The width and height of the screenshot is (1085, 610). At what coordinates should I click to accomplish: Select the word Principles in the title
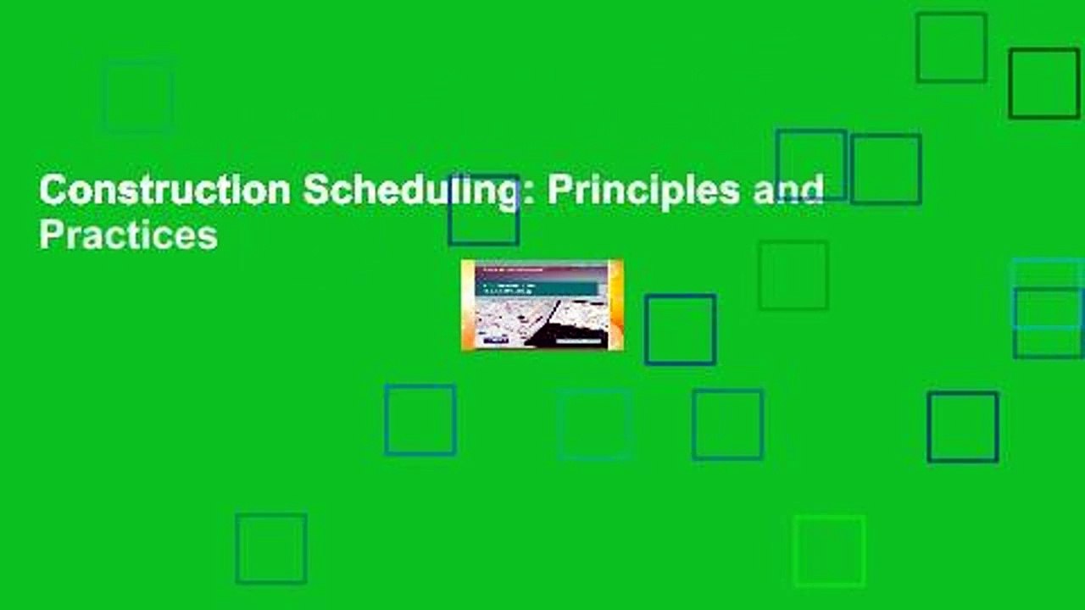(x=643, y=191)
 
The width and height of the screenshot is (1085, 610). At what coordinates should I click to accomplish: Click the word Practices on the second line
(x=128, y=236)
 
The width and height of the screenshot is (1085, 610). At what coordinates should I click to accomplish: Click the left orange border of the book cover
(x=465, y=305)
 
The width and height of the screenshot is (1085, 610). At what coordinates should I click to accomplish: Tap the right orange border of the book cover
(x=617, y=305)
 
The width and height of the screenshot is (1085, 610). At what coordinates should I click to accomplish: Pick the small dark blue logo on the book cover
(x=496, y=341)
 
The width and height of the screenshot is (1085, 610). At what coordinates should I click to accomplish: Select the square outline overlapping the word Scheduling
(x=483, y=210)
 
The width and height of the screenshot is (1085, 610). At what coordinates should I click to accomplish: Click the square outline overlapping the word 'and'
(x=811, y=164)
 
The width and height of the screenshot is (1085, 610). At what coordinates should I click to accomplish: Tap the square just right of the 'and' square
(x=886, y=169)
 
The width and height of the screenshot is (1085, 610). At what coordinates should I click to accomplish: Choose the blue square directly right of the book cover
(x=680, y=330)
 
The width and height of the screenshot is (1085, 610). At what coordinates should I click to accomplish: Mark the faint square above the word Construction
(x=138, y=97)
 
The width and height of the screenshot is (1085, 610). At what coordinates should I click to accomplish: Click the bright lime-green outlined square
(x=829, y=551)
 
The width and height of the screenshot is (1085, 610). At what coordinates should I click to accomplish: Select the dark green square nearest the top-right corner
(x=1043, y=83)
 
